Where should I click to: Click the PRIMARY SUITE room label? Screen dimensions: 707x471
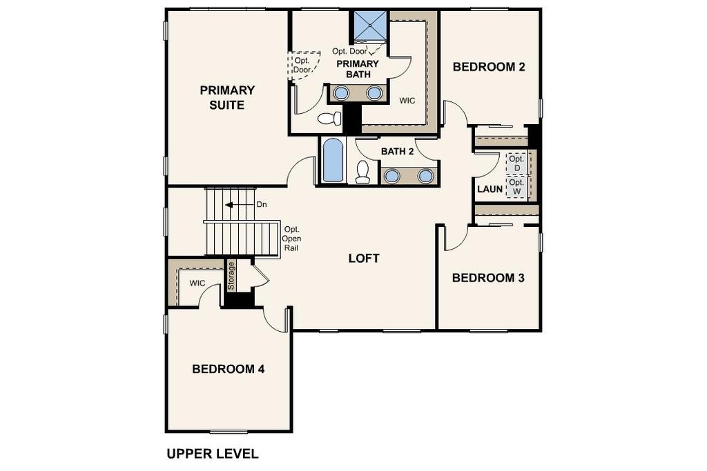click(227, 97)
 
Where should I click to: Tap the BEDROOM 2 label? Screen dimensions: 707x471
click(489, 67)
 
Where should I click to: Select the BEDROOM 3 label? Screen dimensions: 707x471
click(488, 278)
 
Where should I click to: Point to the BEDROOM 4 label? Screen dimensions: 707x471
click(228, 369)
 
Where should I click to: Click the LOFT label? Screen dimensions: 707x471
click(364, 259)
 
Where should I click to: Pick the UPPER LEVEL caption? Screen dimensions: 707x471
click(213, 454)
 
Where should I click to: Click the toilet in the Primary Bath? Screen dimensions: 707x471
click(329, 119)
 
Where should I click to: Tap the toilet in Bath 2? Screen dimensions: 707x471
click(362, 172)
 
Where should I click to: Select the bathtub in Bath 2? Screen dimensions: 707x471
click(333, 161)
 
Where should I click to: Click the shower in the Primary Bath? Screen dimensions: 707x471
click(370, 26)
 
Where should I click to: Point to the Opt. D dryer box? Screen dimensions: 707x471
click(516, 163)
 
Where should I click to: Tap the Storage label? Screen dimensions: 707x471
click(231, 276)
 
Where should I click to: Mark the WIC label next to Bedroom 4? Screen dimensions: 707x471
click(197, 283)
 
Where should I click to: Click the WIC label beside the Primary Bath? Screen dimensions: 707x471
click(407, 101)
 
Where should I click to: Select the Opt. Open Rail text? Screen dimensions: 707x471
click(292, 239)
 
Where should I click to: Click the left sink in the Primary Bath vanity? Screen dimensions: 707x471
click(341, 93)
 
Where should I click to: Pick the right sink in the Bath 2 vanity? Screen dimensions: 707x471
click(425, 176)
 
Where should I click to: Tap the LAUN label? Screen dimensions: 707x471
click(490, 189)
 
